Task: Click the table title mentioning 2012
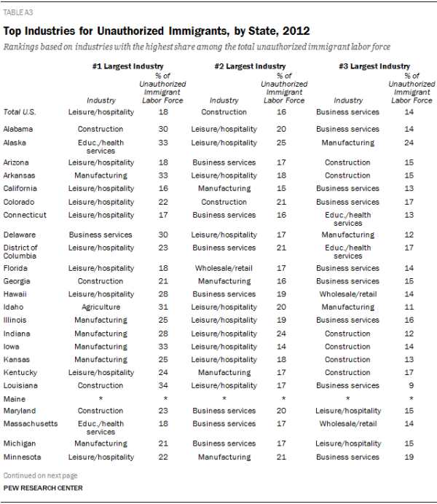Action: tap(157, 31)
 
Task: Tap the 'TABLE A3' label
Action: tap(18, 12)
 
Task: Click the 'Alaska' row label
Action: tap(16, 142)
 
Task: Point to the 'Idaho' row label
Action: tap(14, 307)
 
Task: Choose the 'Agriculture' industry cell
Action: tap(101, 307)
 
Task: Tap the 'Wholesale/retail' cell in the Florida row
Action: tap(224, 268)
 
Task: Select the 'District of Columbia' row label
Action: tap(20, 251)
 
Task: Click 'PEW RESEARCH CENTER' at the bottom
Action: tap(42, 488)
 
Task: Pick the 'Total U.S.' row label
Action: tap(19, 112)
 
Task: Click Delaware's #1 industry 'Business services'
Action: tap(101, 235)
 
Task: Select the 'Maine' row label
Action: tap(15, 399)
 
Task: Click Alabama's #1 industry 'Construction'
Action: tap(101, 129)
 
